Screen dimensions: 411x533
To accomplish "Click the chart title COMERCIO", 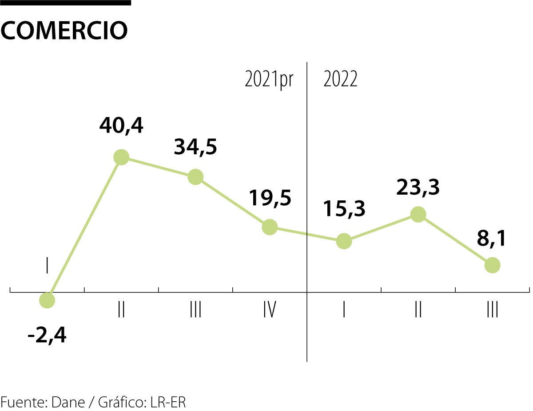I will [x=64, y=31].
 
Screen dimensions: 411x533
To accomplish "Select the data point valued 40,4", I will [x=121, y=157].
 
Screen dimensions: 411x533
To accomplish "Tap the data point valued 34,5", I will [x=195, y=176].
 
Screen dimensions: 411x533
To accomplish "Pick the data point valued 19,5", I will [x=270, y=227].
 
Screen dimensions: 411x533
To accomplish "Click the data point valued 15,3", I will [x=344, y=241].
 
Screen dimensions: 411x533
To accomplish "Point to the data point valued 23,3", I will [x=418, y=214].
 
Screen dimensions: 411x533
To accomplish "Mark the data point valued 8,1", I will [x=492, y=265].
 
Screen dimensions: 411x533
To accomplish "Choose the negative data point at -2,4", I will [x=47, y=301].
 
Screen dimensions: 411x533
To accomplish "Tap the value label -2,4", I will [x=47, y=336].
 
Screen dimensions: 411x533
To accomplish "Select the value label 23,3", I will [x=418, y=188].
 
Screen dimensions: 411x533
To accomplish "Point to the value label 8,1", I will [x=492, y=238].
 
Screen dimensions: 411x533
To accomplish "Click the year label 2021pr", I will [x=269, y=80].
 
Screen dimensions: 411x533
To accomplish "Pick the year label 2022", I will [x=340, y=80].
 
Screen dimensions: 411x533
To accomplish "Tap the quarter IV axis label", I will [x=269, y=310].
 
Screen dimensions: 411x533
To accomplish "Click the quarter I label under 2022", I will [x=344, y=310].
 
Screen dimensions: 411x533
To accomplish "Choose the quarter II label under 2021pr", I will [x=121, y=310].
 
